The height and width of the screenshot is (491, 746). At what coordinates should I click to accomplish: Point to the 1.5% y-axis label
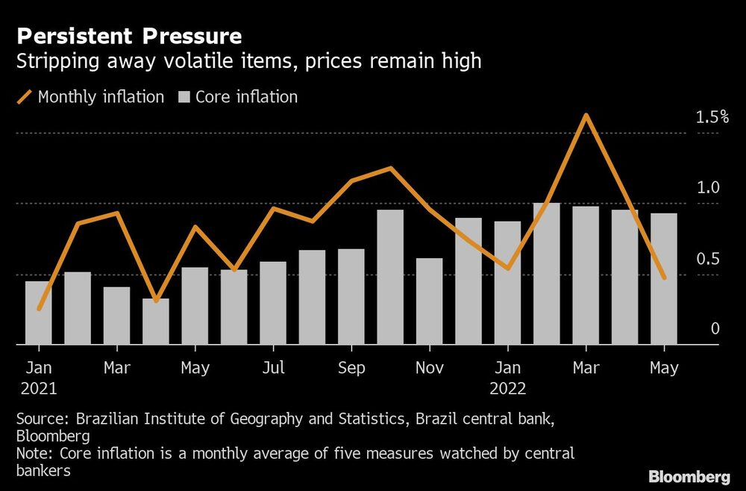712,117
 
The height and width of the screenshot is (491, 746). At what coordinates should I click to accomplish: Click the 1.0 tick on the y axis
708,187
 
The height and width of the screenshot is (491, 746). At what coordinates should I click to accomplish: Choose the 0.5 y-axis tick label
708,259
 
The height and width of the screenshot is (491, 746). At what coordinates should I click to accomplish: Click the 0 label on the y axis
715,329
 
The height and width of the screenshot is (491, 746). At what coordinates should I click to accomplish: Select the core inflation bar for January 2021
39,313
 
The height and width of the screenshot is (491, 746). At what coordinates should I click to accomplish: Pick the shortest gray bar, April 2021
156,322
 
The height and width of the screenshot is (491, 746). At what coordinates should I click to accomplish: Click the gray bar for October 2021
390,278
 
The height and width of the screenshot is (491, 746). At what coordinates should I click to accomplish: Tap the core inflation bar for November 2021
429,301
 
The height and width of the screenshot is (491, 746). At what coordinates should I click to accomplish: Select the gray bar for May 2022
664,279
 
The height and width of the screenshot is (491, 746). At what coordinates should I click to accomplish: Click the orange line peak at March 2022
586,115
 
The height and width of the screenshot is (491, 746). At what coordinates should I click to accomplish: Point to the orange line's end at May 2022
664,278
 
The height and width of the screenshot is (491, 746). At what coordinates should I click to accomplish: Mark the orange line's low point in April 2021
156,301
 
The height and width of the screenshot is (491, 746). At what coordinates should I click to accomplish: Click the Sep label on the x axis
351,368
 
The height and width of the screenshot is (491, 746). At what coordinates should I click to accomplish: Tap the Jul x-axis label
273,368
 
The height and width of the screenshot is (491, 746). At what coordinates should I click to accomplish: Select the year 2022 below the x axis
508,389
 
